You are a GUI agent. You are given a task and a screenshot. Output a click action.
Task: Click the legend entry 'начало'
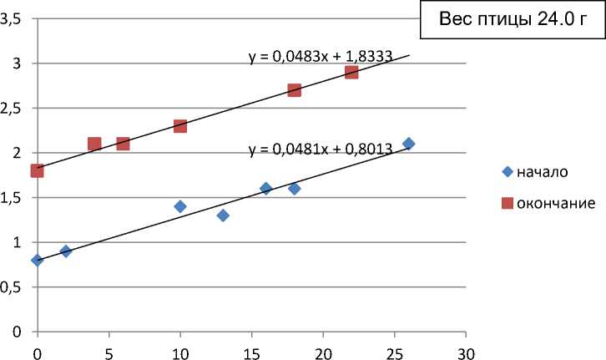pos(542,172)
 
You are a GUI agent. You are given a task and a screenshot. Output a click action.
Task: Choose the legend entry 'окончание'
pos(553,203)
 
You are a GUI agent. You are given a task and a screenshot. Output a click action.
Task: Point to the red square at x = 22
pos(351,72)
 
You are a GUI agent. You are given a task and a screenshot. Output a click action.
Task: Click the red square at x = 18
pos(294,90)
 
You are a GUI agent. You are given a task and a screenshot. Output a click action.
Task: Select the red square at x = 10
pos(179,126)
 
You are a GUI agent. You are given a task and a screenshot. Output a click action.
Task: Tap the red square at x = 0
pos(37,170)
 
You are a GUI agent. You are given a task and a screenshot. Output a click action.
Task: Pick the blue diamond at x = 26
pos(408,144)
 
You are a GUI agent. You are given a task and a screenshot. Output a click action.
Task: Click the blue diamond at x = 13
pos(223,215)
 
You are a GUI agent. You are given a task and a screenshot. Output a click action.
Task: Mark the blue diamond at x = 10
pos(179,206)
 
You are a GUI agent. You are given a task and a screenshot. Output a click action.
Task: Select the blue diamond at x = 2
pos(66,251)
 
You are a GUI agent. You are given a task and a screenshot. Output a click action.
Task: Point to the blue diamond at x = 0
pos(37,260)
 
